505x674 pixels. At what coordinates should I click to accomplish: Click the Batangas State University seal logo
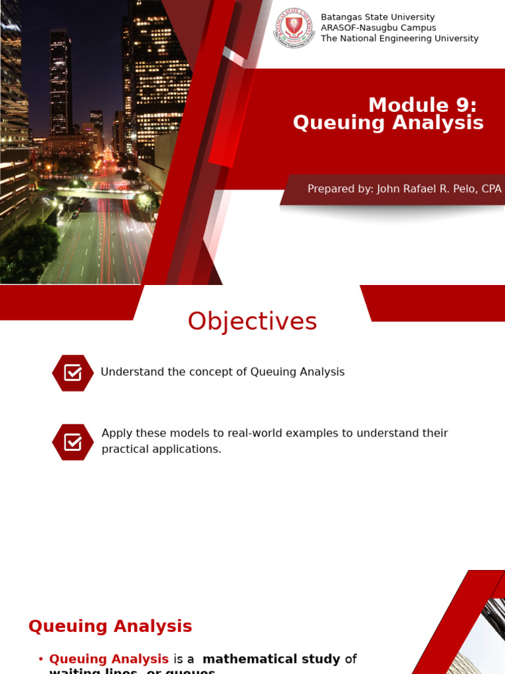click(x=294, y=28)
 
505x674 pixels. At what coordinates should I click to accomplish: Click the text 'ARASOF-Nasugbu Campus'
click(x=378, y=28)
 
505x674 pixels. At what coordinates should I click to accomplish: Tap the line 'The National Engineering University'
click(x=399, y=39)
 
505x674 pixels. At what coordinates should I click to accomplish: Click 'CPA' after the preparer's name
click(x=491, y=189)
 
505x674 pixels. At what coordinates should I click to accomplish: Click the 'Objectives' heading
click(x=252, y=322)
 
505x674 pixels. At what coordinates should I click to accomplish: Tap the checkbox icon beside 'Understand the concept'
click(x=73, y=373)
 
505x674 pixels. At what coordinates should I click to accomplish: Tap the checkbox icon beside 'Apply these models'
click(x=73, y=442)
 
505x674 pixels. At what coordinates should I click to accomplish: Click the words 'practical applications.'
click(x=162, y=449)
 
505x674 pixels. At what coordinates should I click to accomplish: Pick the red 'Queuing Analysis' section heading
click(x=110, y=627)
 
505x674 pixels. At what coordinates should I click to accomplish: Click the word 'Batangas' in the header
click(x=341, y=17)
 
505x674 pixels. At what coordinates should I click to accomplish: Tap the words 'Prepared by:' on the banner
click(x=339, y=189)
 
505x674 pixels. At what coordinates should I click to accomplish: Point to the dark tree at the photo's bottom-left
click(x=26, y=253)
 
